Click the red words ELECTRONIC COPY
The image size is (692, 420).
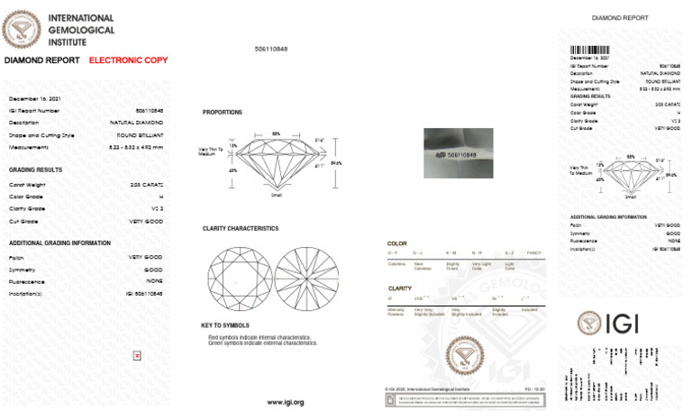tap(128, 59)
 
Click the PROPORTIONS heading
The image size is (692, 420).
tap(222, 113)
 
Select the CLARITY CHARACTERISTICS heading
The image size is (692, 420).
tap(241, 229)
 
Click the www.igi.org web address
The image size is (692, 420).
tap(286, 402)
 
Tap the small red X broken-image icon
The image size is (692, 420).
tap(137, 355)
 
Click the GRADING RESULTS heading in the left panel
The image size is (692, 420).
tap(35, 169)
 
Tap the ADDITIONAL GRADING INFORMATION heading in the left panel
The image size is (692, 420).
tap(59, 243)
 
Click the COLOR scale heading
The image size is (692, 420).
tap(396, 243)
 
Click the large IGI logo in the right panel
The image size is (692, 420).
tap(621, 322)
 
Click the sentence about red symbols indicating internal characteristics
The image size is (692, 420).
tap(262, 337)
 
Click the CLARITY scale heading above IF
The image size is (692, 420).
tap(399, 288)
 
